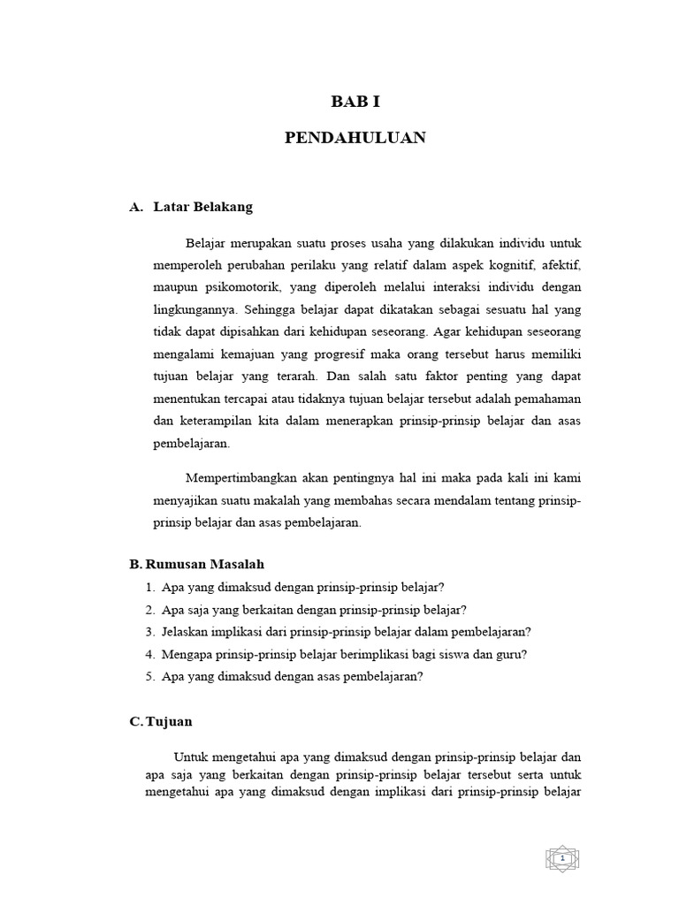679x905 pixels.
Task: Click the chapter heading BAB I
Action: click(x=355, y=102)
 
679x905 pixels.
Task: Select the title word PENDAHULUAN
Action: click(x=355, y=138)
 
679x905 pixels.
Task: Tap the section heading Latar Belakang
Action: click(x=202, y=207)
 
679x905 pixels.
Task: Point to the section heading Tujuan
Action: click(x=168, y=721)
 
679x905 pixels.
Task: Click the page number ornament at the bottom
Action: click(x=561, y=858)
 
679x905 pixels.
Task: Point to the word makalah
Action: click(x=277, y=501)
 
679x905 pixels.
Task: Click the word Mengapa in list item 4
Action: click(x=190, y=654)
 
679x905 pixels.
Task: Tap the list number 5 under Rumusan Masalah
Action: click(x=149, y=677)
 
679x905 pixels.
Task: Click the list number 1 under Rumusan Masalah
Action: click(x=149, y=587)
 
